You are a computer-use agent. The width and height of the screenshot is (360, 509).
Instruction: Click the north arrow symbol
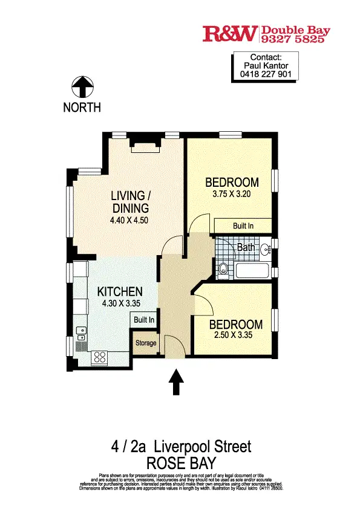click(x=82, y=87)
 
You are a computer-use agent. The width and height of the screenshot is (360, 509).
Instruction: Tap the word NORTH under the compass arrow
click(x=82, y=108)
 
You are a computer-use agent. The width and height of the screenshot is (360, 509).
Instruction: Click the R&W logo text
click(x=231, y=34)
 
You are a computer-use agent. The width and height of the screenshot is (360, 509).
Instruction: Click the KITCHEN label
click(x=120, y=291)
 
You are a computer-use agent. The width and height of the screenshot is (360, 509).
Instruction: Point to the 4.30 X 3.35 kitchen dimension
click(x=120, y=304)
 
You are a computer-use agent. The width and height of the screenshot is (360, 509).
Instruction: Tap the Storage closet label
click(x=145, y=343)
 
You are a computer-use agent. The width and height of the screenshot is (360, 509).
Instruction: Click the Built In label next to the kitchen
click(x=144, y=319)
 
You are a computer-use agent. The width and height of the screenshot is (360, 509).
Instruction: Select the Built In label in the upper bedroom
click(x=243, y=225)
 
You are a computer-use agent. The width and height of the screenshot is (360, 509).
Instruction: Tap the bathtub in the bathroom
click(x=253, y=271)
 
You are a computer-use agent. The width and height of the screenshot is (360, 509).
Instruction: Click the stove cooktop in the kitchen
click(x=99, y=357)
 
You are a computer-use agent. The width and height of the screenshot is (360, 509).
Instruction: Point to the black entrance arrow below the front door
click(x=175, y=383)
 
